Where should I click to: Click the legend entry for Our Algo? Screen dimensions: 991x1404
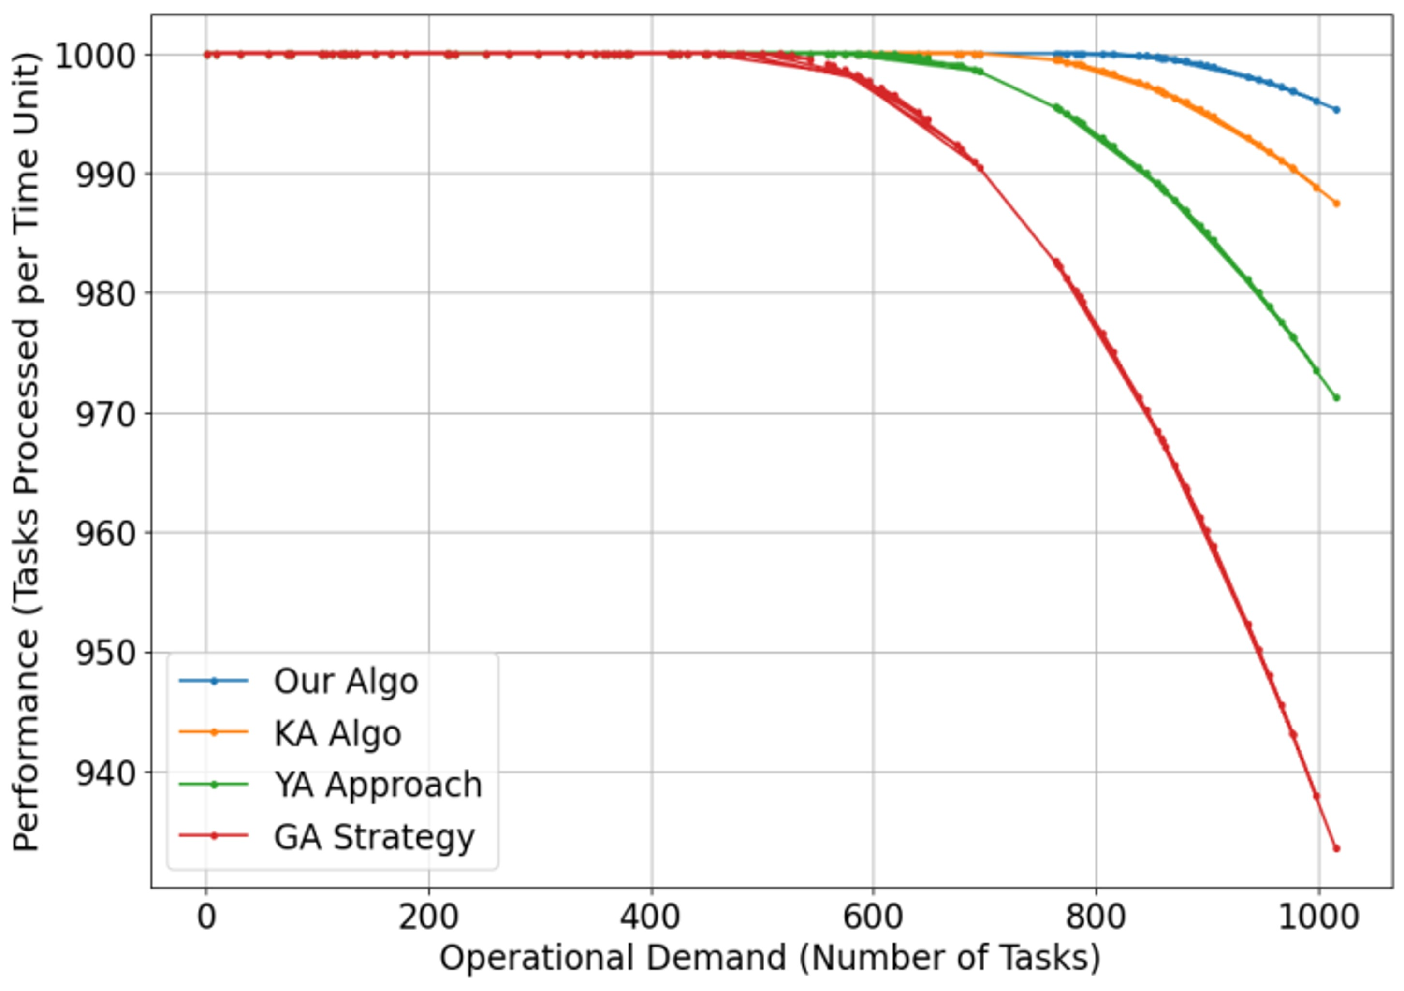(x=346, y=681)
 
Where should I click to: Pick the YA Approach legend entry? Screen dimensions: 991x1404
(x=377, y=785)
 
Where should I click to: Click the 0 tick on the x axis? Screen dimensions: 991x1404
(x=207, y=918)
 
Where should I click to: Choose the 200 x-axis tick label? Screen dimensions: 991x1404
(x=429, y=918)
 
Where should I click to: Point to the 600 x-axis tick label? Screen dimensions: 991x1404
(x=873, y=918)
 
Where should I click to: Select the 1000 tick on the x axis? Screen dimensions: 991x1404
(x=1318, y=918)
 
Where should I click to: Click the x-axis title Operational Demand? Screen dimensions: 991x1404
(x=769, y=958)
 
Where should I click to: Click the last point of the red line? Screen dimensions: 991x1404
(x=1336, y=848)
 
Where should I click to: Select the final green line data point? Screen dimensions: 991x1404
(x=1336, y=398)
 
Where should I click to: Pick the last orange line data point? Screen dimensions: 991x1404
(x=1336, y=204)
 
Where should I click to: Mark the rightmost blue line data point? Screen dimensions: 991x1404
(x=1336, y=110)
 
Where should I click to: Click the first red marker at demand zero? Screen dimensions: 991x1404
(x=207, y=55)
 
